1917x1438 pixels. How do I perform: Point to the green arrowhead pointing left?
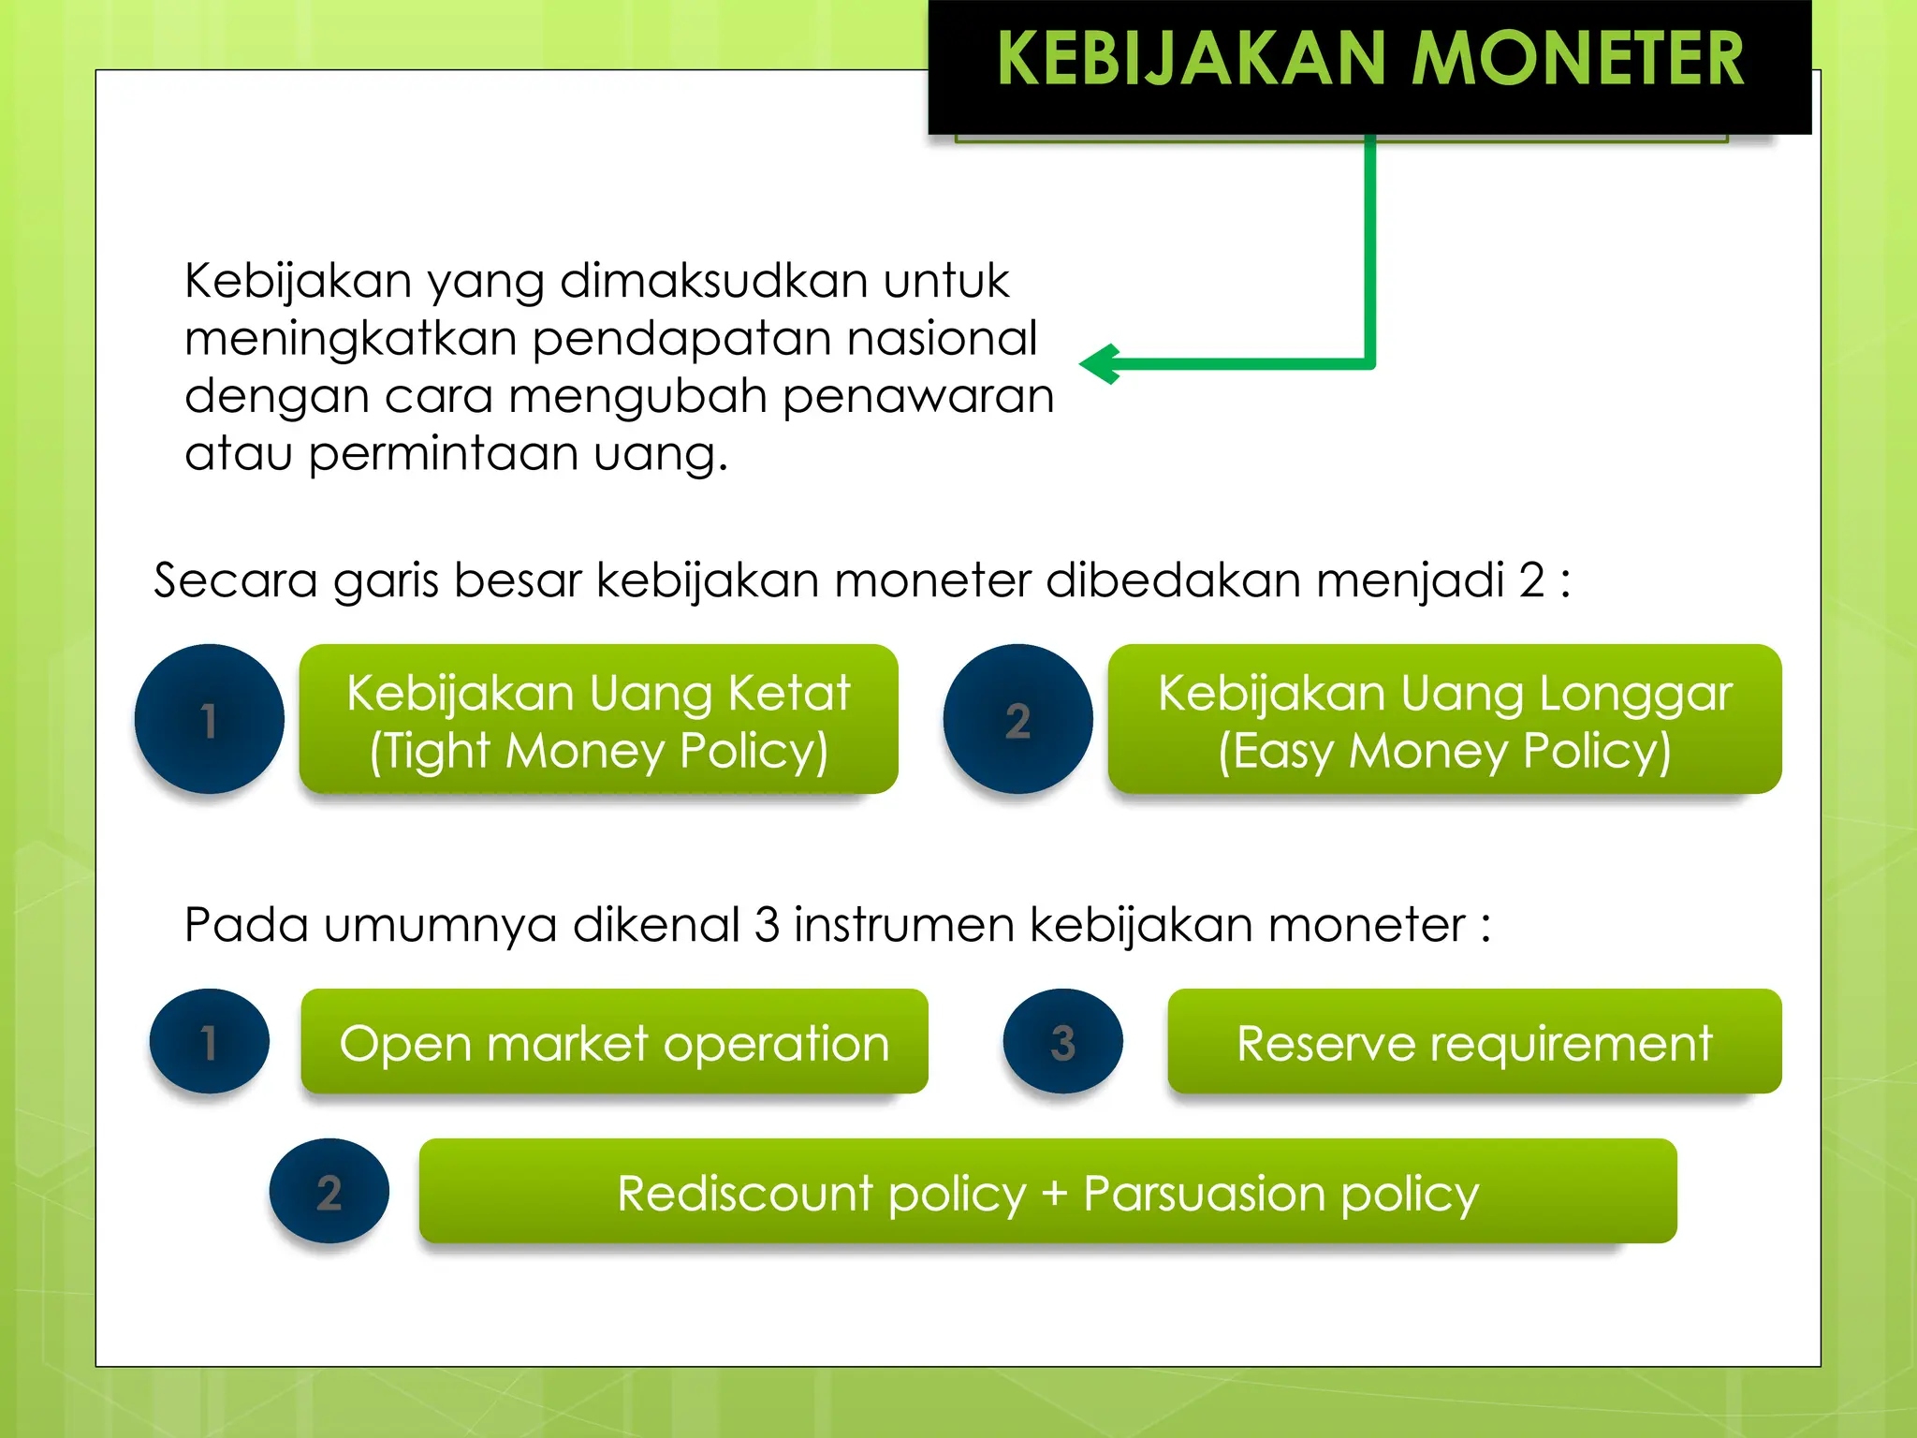click(1101, 364)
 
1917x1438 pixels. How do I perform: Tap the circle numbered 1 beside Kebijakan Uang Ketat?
click(209, 719)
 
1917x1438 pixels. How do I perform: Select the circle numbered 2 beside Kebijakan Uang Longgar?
click(1017, 719)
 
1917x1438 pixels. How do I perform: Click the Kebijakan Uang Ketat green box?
click(598, 719)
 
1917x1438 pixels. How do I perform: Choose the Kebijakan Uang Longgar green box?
click(1444, 719)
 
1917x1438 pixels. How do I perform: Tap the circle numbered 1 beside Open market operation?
click(209, 1041)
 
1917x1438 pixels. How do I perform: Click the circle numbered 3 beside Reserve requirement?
click(1062, 1041)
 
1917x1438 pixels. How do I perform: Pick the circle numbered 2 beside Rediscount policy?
click(329, 1191)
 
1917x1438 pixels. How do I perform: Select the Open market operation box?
click(614, 1041)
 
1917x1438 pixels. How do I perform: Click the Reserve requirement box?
click(1474, 1041)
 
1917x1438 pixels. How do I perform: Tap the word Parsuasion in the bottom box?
click(1205, 1194)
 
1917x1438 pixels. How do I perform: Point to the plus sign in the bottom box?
click(1054, 1194)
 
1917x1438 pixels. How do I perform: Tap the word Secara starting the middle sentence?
click(236, 580)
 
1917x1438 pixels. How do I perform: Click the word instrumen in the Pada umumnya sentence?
click(904, 925)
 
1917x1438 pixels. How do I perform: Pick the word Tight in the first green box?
click(439, 751)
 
